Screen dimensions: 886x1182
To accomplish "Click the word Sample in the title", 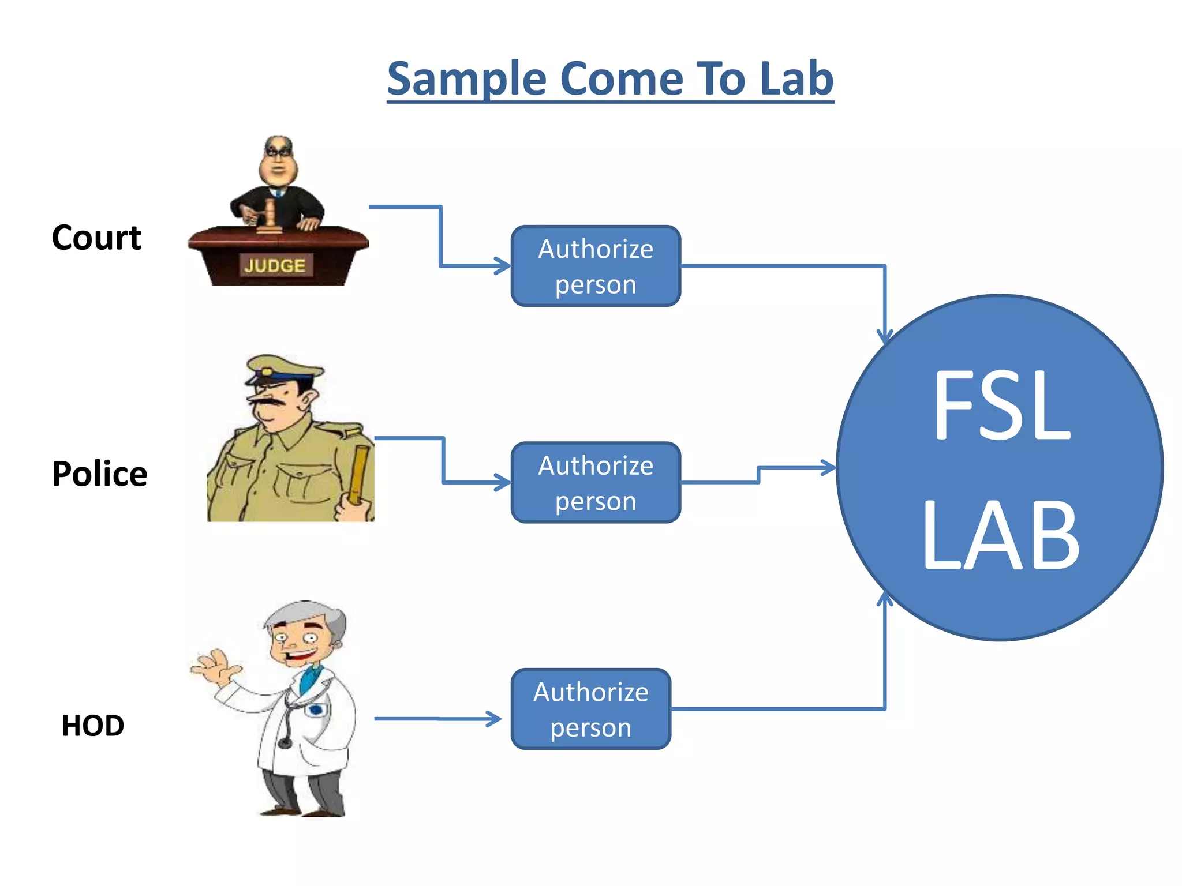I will pyautogui.click(x=466, y=79).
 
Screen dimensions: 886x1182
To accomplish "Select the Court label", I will pyautogui.click(x=96, y=237).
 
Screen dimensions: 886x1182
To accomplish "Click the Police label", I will pyautogui.click(x=99, y=474).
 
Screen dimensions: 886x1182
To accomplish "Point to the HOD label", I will pyautogui.click(x=93, y=725).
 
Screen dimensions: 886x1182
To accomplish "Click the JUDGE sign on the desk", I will pyautogui.click(x=275, y=265).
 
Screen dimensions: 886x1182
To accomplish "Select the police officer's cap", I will pyautogui.click(x=283, y=369).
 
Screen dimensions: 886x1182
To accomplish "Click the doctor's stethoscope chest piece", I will pyautogui.click(x=285, y=744).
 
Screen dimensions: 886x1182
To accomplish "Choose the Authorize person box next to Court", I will pyautogui.click(x=596, y=266).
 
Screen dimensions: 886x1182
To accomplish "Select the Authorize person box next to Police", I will pyautogui.click(x=596, y=483).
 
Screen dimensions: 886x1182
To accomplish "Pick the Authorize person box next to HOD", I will pyautogui.click(x=591, y=709).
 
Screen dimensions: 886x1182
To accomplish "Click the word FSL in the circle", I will pyautogui.click(x=1001, y=405).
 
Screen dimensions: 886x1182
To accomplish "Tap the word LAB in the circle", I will pyautogui.click(x=1001, y=535).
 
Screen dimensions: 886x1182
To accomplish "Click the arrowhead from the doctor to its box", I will pyautogui.click(x=495, y=719).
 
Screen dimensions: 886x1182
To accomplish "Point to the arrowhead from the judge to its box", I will pyautogui.click(x=503, y=266).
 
